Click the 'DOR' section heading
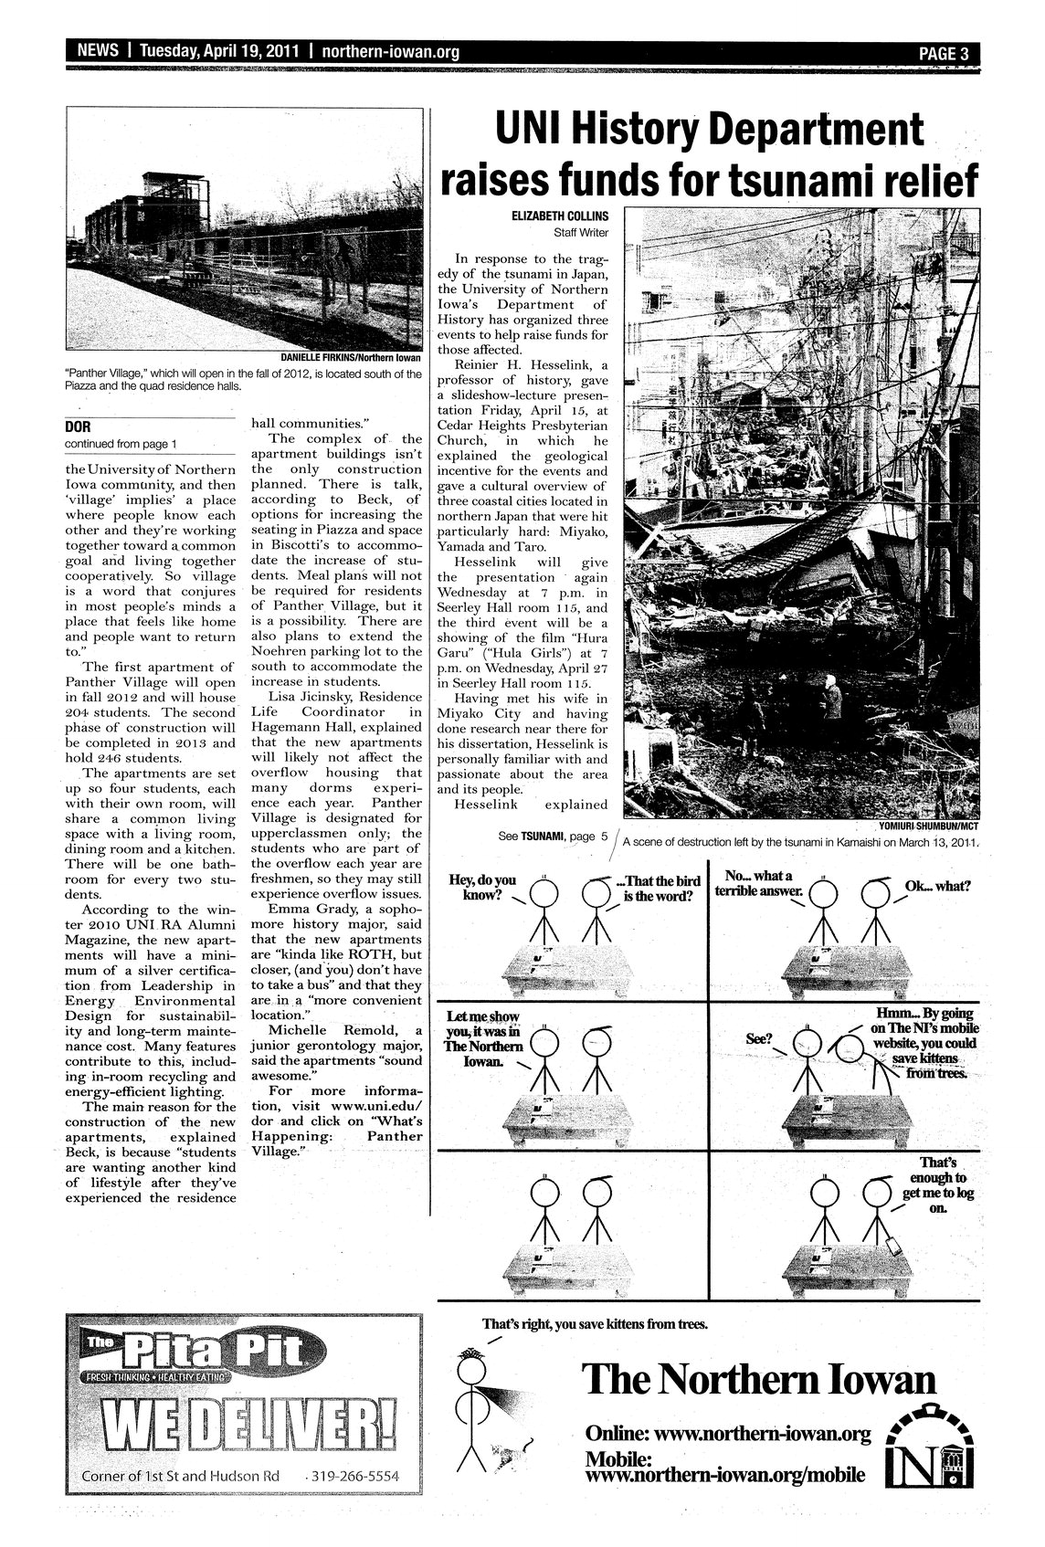75,426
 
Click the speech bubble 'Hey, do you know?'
483,887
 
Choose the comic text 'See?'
759,1038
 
